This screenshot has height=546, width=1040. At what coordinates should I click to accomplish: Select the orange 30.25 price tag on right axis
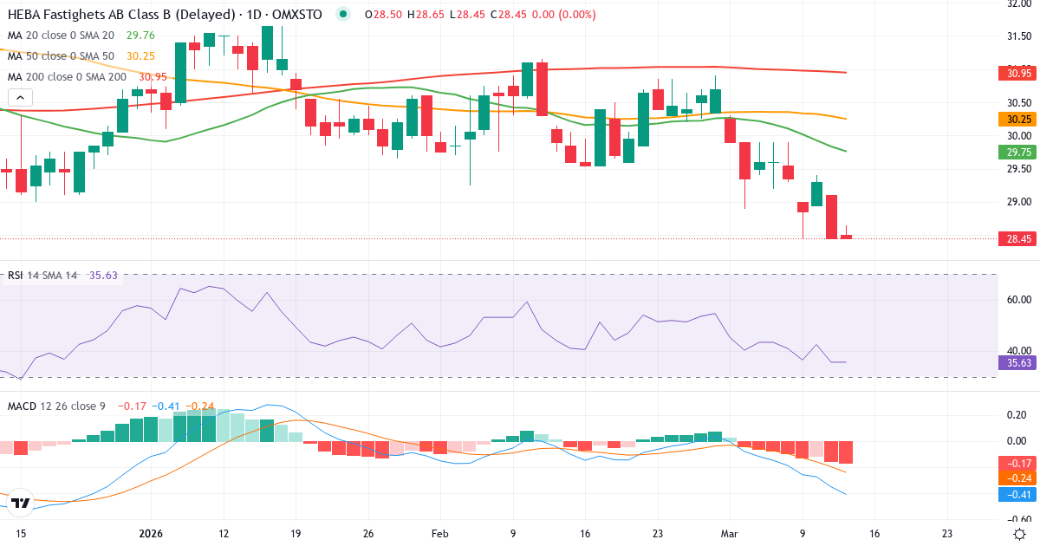(1013, 119)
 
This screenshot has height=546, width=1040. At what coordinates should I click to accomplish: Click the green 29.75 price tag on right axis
(1013, 152)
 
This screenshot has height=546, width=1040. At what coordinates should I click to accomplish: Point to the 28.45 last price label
(1013, 238)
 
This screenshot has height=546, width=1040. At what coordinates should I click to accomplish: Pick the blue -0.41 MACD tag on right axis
(1013, 494)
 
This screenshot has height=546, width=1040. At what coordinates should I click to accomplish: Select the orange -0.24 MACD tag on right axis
(1013, 478)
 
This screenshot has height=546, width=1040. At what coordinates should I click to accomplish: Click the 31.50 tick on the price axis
(1013, 36)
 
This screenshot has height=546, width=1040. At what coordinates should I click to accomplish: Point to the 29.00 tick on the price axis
(1013, 202)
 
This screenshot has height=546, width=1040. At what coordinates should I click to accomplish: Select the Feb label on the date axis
(440, 533)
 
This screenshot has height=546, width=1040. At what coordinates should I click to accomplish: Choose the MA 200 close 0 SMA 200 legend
(68, 77)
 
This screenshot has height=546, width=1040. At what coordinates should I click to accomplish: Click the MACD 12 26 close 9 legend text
(55, 406)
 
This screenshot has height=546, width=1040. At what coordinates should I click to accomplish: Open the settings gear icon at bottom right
(1020, 532)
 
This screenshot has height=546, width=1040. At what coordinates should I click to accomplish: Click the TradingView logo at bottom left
(22, 503)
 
